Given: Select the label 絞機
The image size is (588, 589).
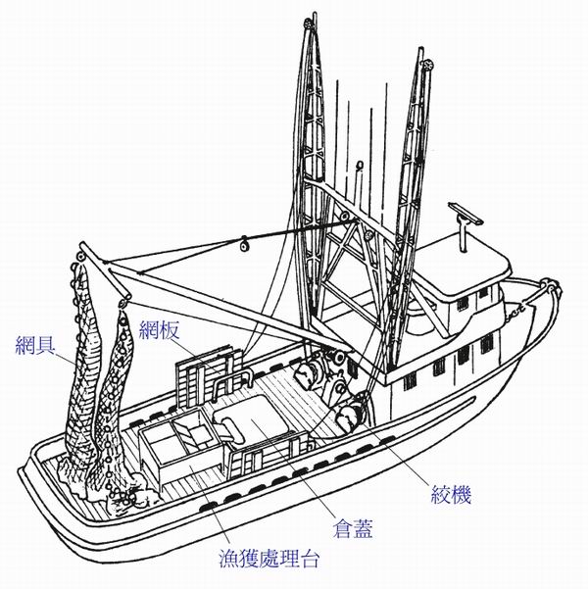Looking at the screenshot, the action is point(450,495).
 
